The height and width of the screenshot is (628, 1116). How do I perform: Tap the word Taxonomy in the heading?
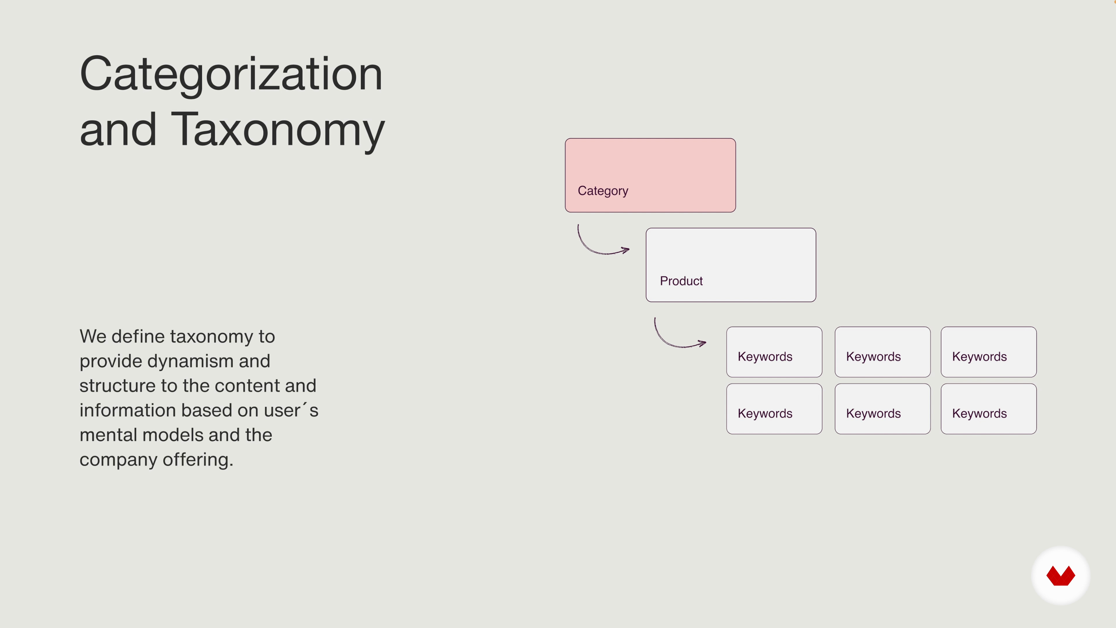click(x=278, y=130)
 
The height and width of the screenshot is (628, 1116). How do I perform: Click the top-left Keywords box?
click(x=774, y=352)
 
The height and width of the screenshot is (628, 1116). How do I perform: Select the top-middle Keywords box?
click(x=883, y=352)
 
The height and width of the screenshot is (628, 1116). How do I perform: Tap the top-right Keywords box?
click(x=989, y=352)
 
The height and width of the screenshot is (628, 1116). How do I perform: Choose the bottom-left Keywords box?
click(x=774, y=409)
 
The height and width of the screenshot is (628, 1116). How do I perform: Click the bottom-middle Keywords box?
click(x=883, y=409)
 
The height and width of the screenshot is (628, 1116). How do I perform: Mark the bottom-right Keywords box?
click(x=989, y=409)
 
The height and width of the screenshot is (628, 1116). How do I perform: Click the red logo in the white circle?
click(x=1060, y=576)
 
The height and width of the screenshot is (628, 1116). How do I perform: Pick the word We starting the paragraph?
click(x=93, y=337)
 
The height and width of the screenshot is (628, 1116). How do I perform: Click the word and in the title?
click(x=118, y=130)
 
